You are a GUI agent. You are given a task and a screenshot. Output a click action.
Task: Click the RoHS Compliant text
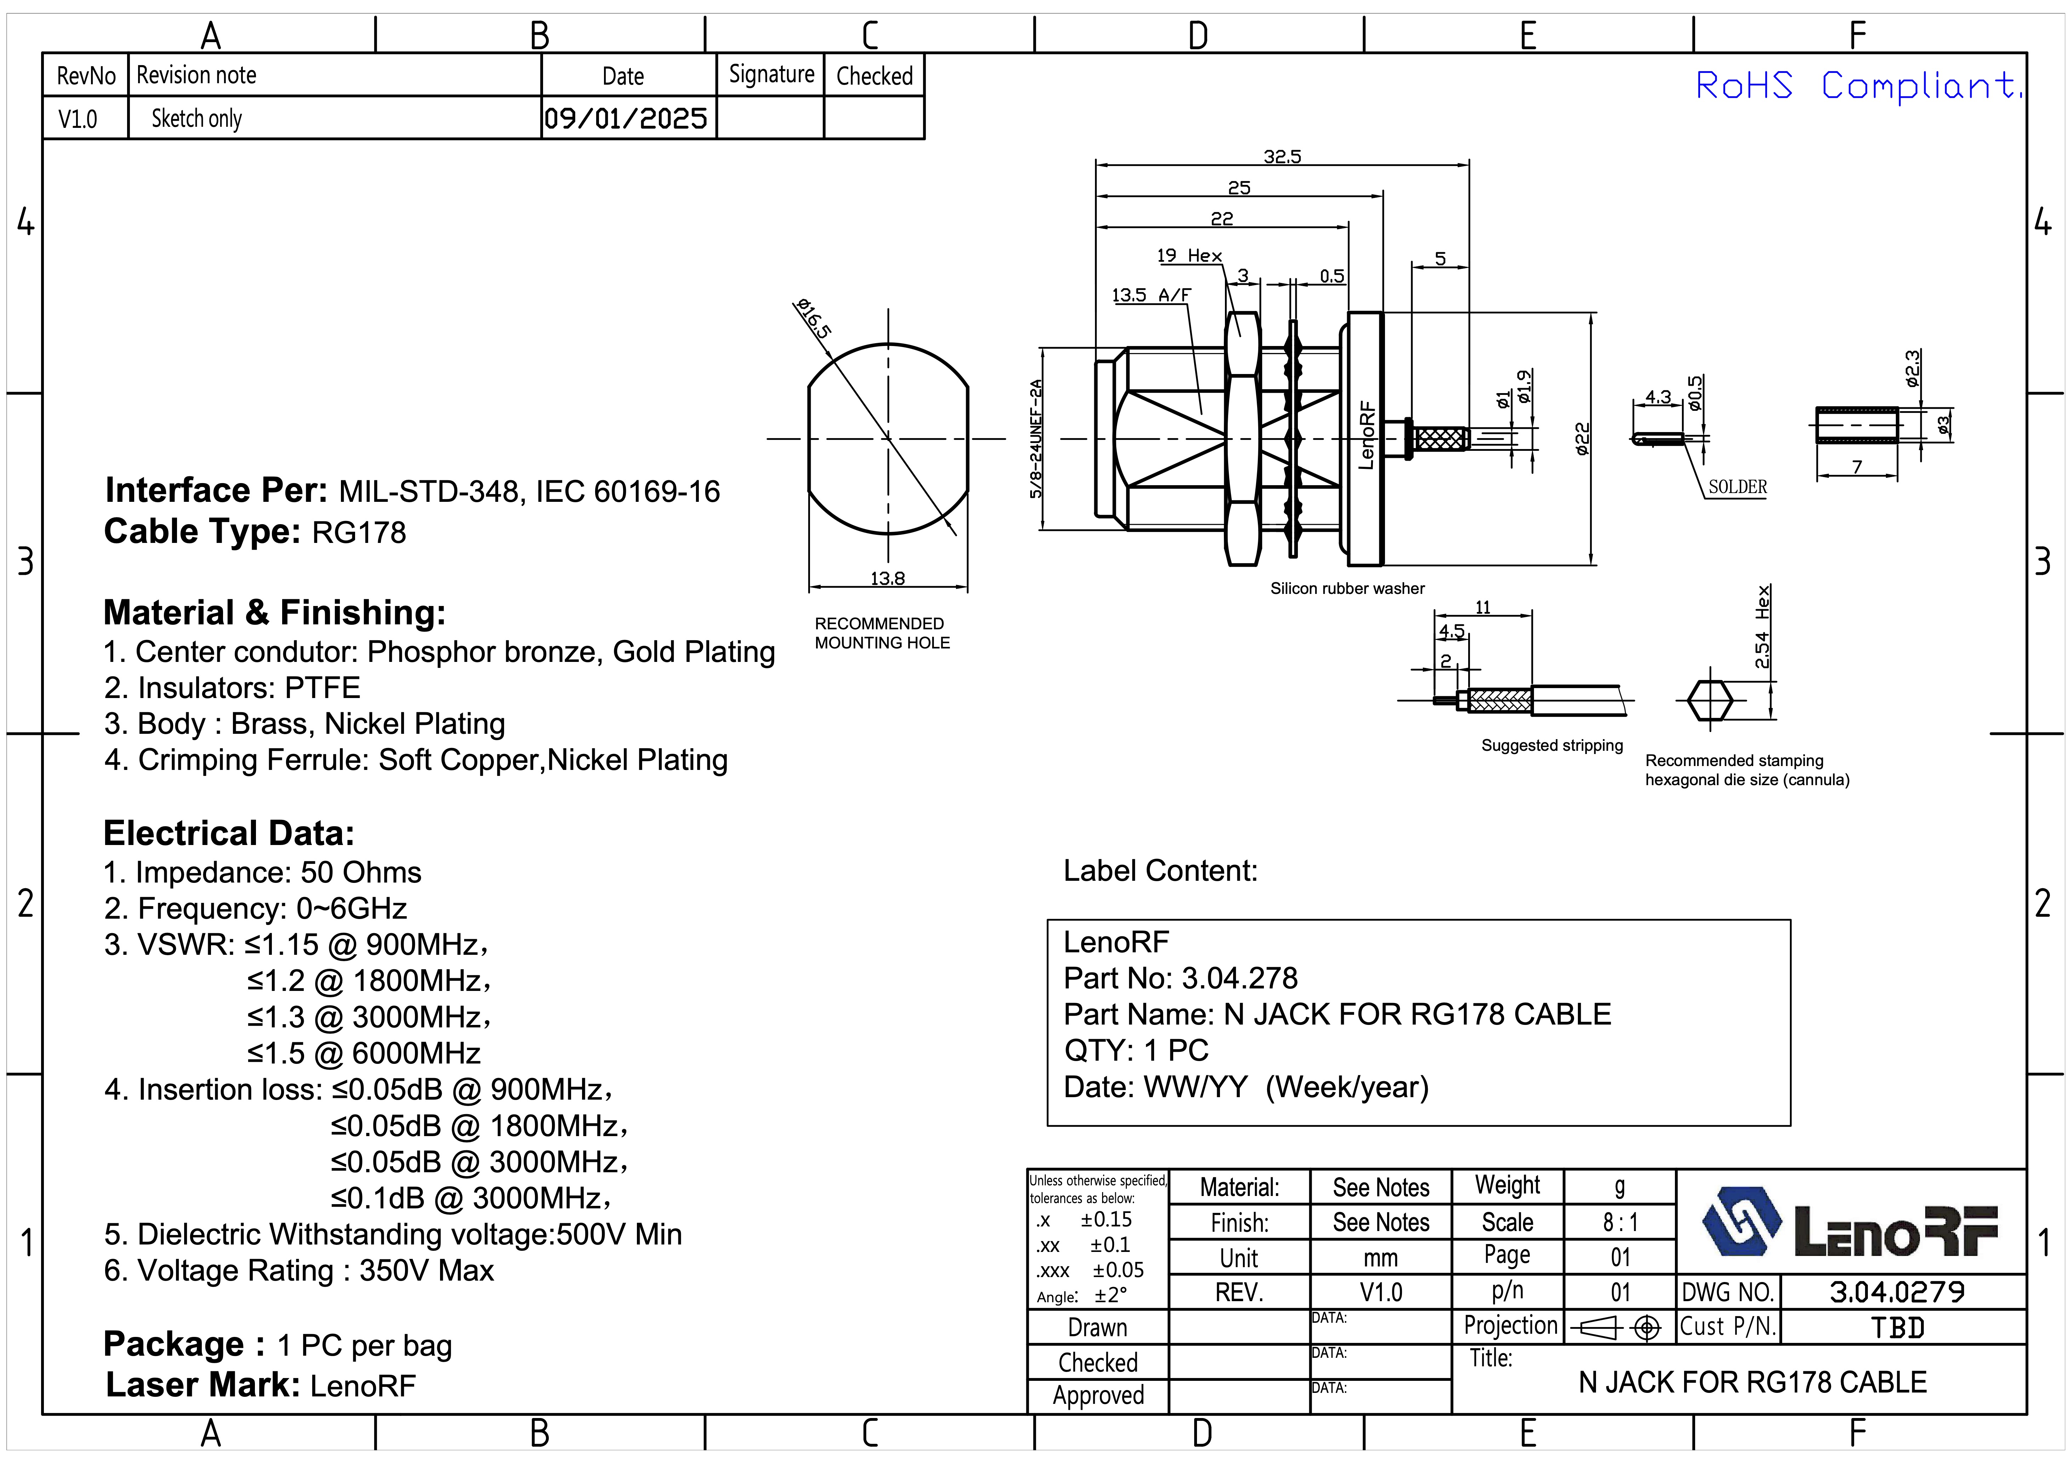point(1857,86)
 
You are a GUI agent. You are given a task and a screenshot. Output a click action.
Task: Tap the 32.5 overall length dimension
point(1282,157)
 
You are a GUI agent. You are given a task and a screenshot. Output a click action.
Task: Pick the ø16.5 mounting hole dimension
point(813,317)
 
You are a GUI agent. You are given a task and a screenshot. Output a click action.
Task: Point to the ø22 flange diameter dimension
point(1582,439)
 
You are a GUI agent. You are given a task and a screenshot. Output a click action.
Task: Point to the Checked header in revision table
point(874,76)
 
